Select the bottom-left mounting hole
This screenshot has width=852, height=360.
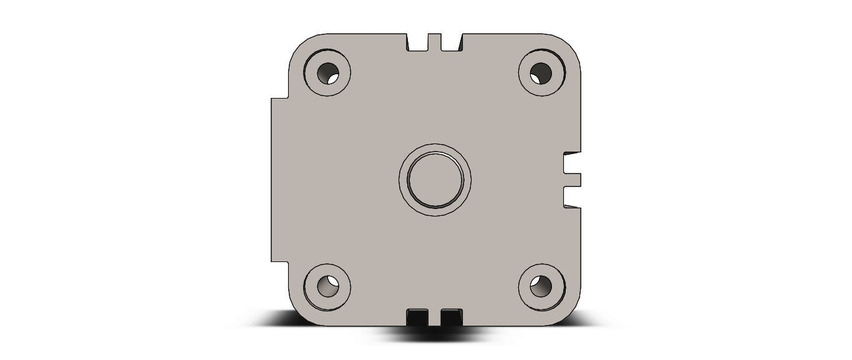click(327, 286)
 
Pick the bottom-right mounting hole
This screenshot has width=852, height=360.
click(541, 286)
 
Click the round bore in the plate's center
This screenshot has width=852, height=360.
click(435, 180)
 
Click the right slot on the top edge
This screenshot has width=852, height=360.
click(451, 42)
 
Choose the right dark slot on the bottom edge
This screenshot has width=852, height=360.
click(450, 316)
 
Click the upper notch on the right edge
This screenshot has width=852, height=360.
click(572, 163)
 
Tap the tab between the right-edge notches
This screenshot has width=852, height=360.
click(573, 180)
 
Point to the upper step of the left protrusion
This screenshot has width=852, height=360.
click(279, 98)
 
